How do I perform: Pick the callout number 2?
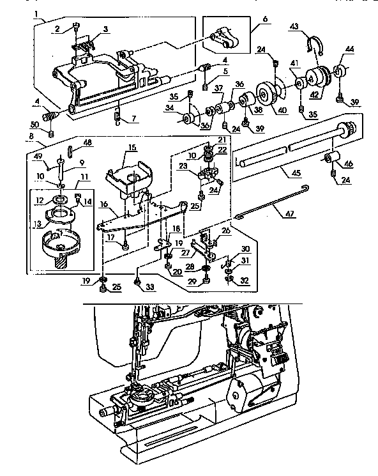pyautogui.click(x=57, y=29)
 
